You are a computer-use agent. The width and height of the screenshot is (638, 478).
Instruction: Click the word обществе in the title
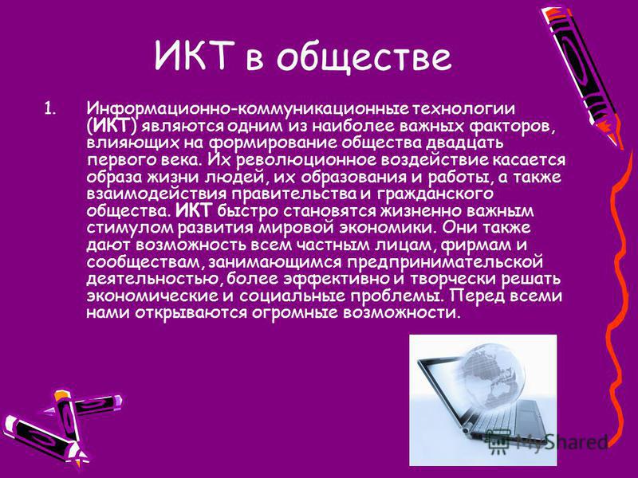point(364,56)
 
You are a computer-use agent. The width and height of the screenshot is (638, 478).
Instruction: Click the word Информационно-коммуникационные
point(248,109)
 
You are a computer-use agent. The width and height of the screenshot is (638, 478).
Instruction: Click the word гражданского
point(435,194)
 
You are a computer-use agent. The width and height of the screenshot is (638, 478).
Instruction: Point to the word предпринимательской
point(445,262)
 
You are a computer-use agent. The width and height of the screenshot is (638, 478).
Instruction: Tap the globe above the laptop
point(491,375)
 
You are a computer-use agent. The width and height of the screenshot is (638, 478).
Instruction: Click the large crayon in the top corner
point(582,74)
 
